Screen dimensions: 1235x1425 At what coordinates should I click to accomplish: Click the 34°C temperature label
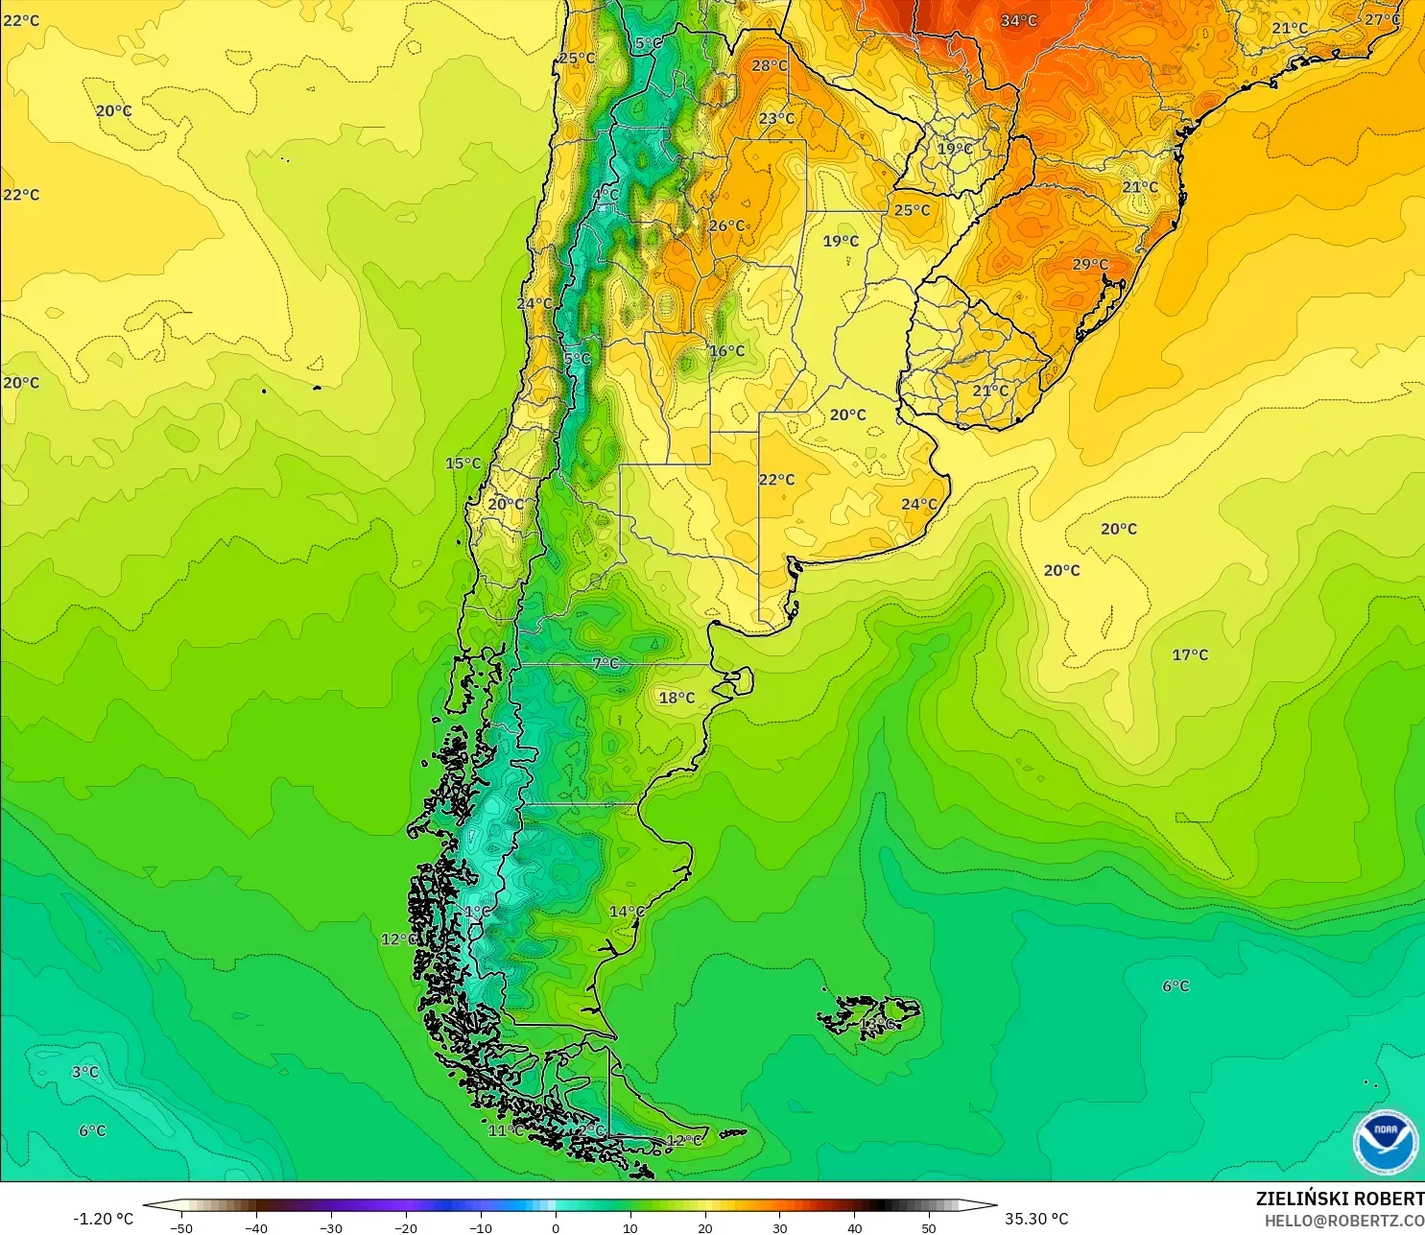point(1019,20)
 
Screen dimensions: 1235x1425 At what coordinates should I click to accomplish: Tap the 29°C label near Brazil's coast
point(1090,264)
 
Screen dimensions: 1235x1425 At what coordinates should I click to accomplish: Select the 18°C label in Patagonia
point(677,698)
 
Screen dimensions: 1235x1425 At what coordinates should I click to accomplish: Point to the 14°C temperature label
point(627,911)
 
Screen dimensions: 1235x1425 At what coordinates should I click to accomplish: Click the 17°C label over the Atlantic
point(1190,654)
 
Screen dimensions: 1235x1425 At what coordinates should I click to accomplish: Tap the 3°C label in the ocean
point(85,1072)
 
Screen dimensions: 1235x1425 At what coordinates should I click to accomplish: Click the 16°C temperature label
point(726,350)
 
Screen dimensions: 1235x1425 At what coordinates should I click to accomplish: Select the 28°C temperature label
point(770,65)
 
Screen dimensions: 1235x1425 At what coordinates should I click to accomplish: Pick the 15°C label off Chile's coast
point(463,463)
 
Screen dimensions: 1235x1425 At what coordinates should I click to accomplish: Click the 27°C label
point(1382,19)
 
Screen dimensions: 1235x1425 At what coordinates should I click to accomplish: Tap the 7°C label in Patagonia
point(606,663)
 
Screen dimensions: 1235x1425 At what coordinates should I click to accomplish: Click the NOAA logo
point(1385,1141)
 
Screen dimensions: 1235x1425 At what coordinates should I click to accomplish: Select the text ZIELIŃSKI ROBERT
point(1340,1199)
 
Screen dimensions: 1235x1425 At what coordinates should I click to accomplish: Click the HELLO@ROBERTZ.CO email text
point(1343,1221)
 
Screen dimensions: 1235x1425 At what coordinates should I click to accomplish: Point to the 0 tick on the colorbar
point(556,1227)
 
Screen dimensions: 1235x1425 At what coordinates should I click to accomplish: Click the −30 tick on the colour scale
point(330,1227)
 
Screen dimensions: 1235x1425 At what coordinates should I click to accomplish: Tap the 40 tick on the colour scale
point(854,1227)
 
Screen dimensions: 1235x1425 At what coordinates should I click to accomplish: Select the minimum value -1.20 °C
point(103,1219)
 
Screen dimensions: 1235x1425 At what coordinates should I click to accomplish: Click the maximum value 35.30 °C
point(1036,1219)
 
